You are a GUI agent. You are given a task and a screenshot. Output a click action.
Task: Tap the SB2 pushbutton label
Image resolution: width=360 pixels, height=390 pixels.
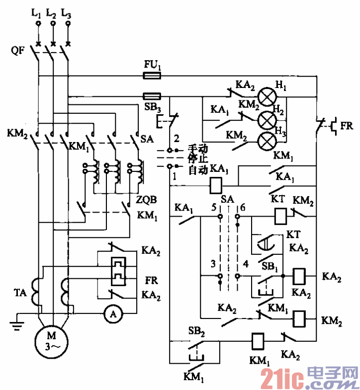[195, 331]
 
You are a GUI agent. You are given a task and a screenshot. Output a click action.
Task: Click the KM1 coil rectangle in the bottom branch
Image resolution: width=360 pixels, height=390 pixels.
[258, 340]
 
